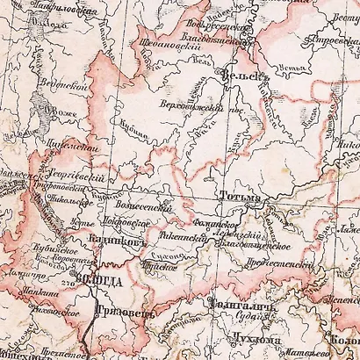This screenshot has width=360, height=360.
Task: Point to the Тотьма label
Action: point(240,196)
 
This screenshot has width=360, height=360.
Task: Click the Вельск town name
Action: point(243,76)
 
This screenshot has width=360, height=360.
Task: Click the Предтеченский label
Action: point(284,262)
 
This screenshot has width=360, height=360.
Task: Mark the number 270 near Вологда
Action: point(67,283)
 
